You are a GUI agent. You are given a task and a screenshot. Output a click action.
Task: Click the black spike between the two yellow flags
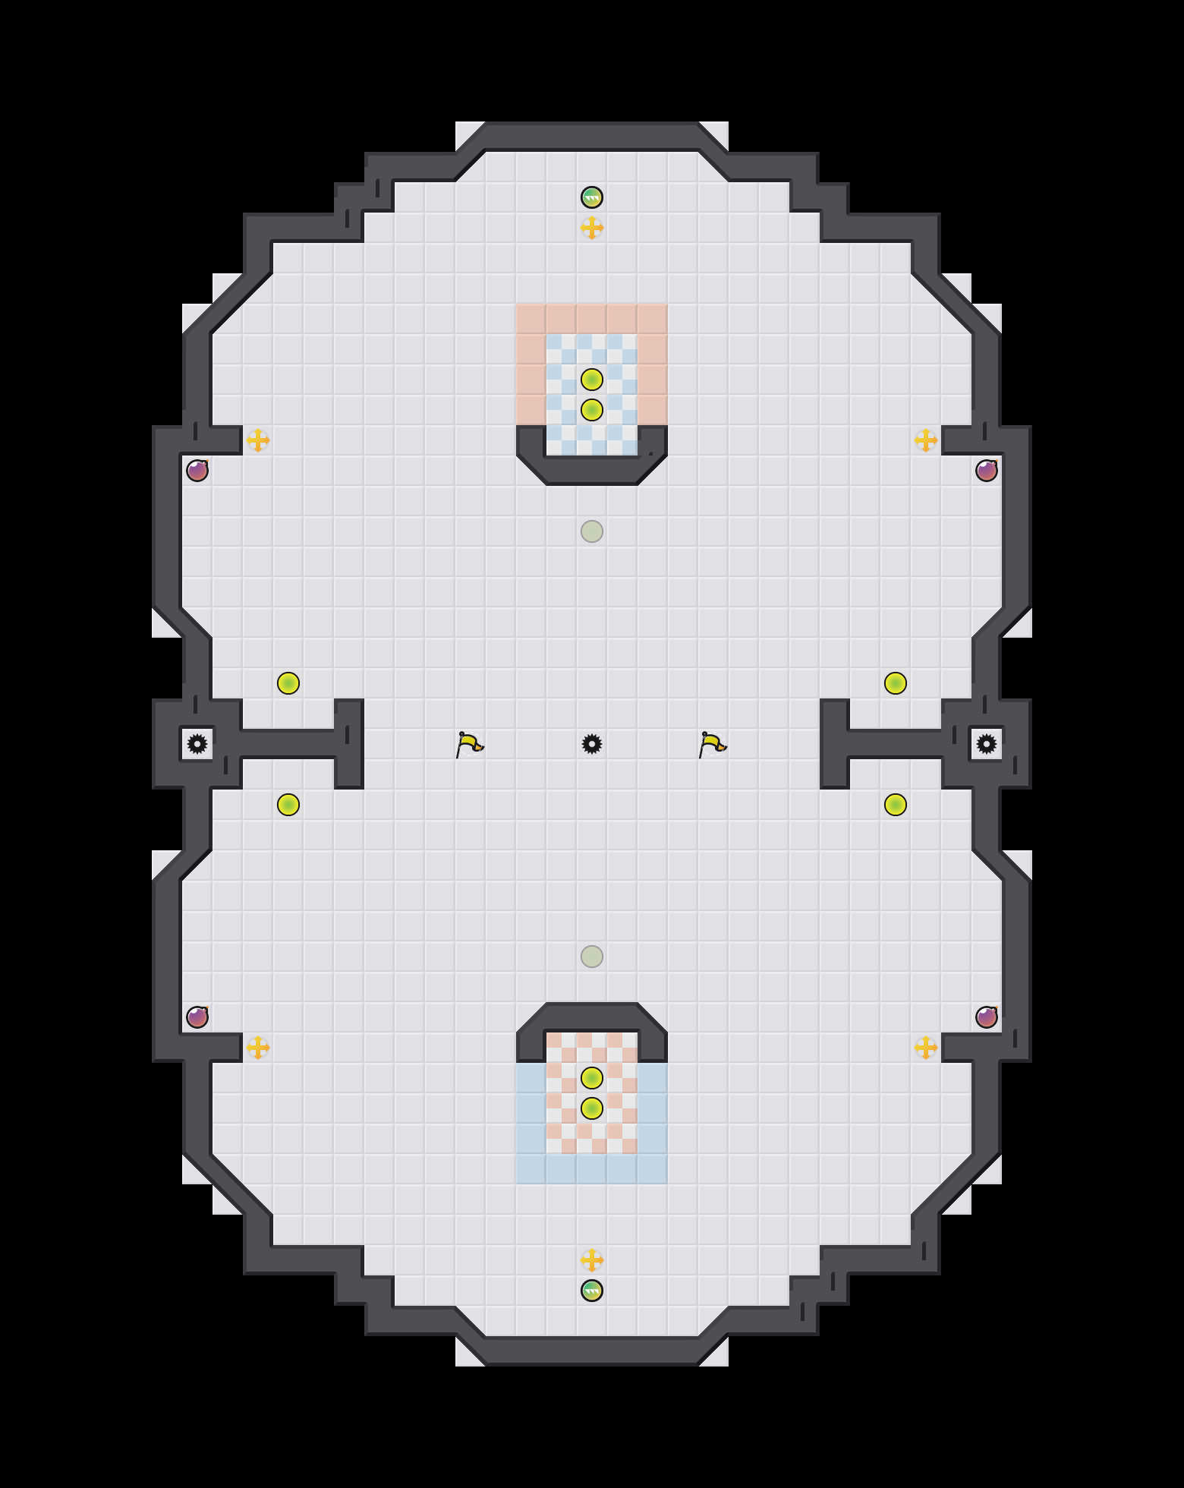[592, 744]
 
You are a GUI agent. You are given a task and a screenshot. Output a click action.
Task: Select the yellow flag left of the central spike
[470, 744]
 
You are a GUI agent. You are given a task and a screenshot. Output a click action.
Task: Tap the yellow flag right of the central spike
[713, 744]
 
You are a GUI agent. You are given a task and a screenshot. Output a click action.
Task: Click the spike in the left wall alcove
[197, 744]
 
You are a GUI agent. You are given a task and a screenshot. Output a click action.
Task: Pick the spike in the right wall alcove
[987, 744]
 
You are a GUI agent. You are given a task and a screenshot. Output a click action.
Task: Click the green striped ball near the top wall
[592, 197]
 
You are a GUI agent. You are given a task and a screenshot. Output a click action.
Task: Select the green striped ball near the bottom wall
[592, 1291]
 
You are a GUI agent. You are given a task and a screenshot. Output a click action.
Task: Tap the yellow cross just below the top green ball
[592, 228]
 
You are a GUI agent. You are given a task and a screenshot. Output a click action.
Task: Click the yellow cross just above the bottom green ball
[592, 1260]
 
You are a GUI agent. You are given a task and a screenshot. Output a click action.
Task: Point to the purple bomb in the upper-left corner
[197, 471]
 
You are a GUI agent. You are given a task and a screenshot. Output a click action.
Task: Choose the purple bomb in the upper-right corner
[987, 471]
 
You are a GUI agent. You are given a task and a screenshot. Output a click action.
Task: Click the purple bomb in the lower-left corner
[197, 1017]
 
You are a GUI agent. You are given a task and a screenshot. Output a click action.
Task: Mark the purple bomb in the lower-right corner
[987, 1017]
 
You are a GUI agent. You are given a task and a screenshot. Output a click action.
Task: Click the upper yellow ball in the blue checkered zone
[592, 380]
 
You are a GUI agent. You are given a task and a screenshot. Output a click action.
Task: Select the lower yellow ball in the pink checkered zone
[592, 1108]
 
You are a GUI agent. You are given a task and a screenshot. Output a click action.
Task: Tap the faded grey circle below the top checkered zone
[592, 531]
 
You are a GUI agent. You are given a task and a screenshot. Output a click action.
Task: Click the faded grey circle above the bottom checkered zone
[592, 957]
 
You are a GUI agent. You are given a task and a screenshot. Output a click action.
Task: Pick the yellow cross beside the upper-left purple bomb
[258, 440]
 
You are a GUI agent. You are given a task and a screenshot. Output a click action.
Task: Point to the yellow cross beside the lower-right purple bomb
[926, 1048]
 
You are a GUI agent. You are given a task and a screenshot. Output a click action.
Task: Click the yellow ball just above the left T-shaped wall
[288, 683]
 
